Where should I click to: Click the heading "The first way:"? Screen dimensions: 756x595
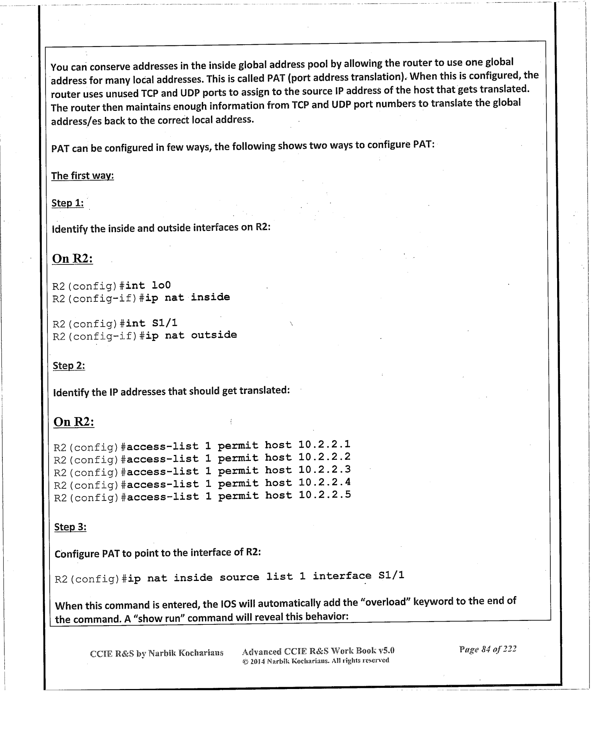(x=83, y=176)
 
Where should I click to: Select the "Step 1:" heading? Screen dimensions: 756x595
(x=68, y=203)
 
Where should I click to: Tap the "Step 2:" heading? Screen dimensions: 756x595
(x=69, y=366)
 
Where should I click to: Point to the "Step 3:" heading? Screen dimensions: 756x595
(x=71, y=527)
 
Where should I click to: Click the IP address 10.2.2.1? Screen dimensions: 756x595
(x=325, y=445)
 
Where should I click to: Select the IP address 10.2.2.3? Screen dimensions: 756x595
(x=325, y=470)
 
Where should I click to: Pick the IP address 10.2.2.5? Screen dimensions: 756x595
(x=325, y=495)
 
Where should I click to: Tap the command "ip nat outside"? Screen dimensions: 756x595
(x=191, y=335)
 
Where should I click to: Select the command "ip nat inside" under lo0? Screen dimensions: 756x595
(x=187, y=297)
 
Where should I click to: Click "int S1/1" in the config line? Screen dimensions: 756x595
(x=152, y=323)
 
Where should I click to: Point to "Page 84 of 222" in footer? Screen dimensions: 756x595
(x=488, y=649)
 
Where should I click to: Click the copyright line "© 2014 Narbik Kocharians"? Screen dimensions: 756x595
(x=315, y=661)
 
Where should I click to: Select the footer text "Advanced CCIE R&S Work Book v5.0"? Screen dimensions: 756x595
(x=318, y=651)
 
